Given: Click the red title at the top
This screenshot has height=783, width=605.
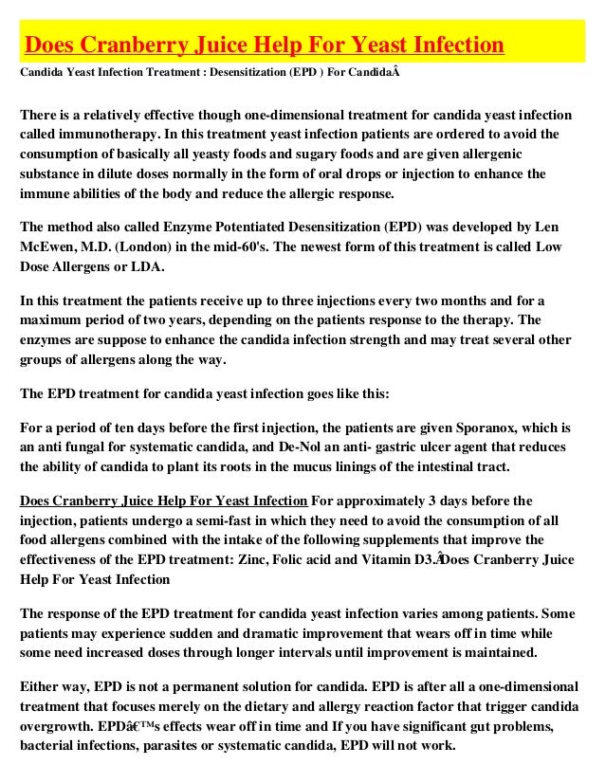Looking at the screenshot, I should point(264,44).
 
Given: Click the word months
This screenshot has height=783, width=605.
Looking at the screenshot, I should point(448,301).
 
